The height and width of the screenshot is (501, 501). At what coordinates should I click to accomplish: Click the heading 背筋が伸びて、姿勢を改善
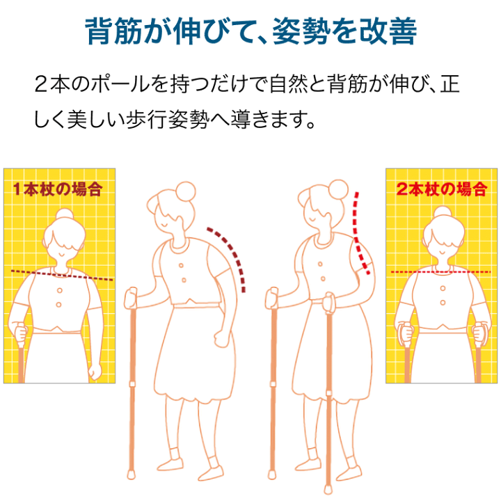tap(250, 31)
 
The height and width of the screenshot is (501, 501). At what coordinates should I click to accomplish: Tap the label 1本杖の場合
tap(58, 189)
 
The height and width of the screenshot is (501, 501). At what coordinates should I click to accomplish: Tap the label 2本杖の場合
tap(442, 189)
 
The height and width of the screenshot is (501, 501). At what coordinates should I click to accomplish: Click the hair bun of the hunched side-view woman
tap(185, 191)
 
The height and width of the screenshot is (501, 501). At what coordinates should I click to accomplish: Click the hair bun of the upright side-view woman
tap(338, 189)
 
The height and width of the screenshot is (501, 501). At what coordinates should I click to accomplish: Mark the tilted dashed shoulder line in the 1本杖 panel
tap(62, 276)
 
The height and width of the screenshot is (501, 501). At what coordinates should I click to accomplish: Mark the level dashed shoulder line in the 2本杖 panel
tap(440, 272)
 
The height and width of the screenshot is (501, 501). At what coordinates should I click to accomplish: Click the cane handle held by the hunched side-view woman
tap(132, 298)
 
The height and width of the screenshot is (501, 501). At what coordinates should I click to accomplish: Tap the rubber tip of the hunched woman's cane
tap(131, 474)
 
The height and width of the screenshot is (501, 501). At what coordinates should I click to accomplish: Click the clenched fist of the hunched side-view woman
tap(221, 339)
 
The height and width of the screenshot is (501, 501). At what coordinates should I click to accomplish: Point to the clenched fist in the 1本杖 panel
tap(95, 371)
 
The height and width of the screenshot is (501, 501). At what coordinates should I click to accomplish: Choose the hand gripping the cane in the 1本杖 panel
tap(21, 333)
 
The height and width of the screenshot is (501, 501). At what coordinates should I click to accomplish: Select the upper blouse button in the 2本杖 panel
tap(443, 288)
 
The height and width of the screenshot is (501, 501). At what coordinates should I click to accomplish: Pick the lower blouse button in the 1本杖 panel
tap(58, 305)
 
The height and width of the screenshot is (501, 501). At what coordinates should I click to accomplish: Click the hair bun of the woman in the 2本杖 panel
tap(443, 212)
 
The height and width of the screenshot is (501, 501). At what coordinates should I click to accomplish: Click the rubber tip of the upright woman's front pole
tap(328, 489)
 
